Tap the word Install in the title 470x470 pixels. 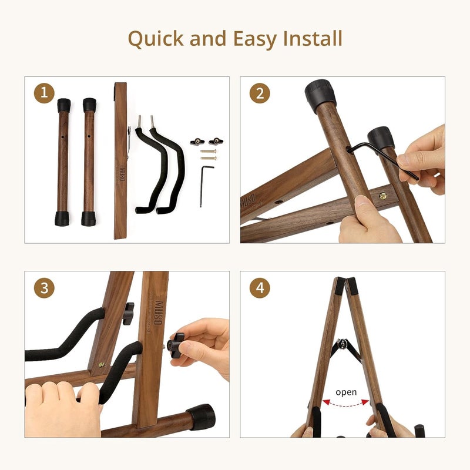313,38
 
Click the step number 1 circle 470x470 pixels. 44,93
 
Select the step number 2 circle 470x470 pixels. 260,93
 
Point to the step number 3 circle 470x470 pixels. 44,288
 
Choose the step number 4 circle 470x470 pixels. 260,288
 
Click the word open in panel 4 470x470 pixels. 346,392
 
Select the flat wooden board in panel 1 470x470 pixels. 120,160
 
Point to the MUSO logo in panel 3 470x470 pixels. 158,313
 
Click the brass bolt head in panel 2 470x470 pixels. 383,196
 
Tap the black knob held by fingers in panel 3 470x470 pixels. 176,345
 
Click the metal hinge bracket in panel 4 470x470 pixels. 343,344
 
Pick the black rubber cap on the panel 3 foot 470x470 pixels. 201,417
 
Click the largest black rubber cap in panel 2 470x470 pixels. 320,96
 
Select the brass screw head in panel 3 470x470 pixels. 102,365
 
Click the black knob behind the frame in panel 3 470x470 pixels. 128,314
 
